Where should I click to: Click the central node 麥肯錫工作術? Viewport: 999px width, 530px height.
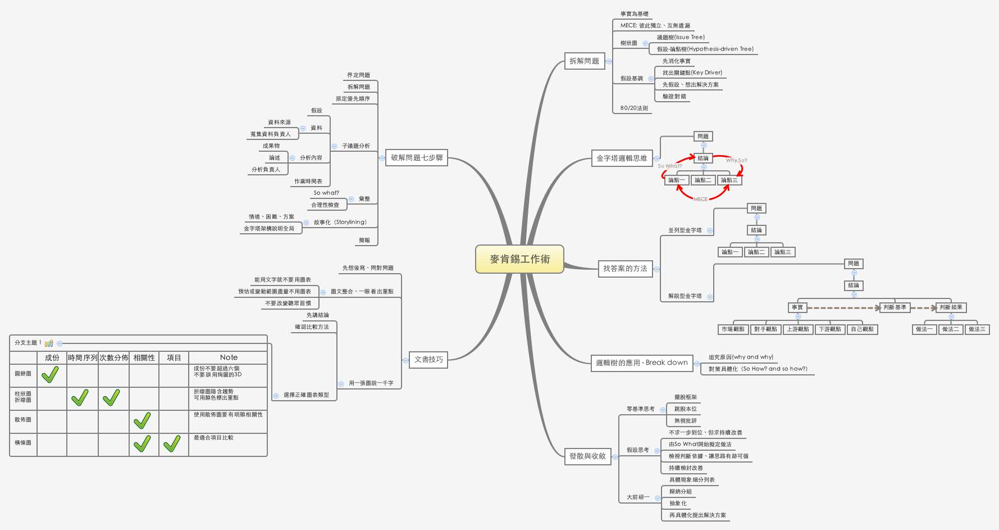(x=519, y=259)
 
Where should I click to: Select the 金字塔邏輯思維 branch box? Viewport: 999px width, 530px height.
(x=622, y=158)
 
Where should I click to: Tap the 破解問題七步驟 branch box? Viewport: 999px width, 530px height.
(x=417, y=158)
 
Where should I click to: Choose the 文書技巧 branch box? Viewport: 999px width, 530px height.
(x=428, y=360)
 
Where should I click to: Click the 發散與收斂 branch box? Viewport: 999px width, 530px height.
(x=587, y=456)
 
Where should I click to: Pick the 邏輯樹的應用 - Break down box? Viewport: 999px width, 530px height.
(x=641, y=363)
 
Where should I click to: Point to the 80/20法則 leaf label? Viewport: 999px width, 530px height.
(x=634, y=108)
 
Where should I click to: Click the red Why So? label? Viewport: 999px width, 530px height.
(x=736, y=160)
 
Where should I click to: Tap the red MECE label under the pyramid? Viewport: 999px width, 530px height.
(x=700, y=199)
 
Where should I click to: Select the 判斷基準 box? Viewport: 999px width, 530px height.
(x=895, y=307)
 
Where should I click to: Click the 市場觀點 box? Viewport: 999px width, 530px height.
(x=733, y=329)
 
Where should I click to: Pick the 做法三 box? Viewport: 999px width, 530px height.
(x=977, y=329)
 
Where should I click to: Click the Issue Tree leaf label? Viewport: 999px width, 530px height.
(x=681, y=38)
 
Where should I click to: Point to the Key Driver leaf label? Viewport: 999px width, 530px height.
(x=692, y=73)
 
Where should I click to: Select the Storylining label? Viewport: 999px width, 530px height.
(x=340, y=222)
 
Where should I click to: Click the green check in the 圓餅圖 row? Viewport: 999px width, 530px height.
(x=51, y=374)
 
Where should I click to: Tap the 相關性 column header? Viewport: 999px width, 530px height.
(x=144, y=357)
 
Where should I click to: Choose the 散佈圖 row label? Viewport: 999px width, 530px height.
(x=23, y=420)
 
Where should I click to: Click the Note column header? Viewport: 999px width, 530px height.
(x=229, y=357)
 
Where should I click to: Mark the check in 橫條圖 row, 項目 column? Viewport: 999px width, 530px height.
(x=172, y=443)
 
